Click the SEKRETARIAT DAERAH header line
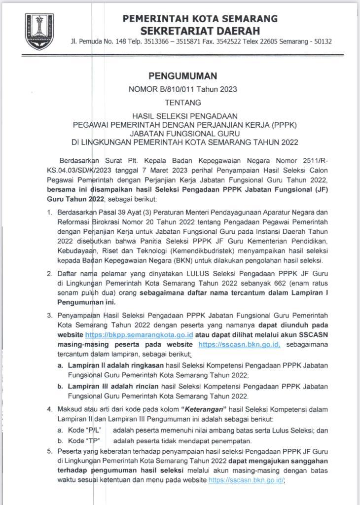pyautogui.click(x=200, y=31)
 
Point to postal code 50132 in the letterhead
pyautogui.click(x=321, y=41)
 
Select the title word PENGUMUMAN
pyautogui.click(x=182, y=76)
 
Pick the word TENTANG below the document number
pyautogui.click(x=182, y=103)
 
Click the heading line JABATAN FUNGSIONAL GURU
pyautogui.click(x=182, y=133)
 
